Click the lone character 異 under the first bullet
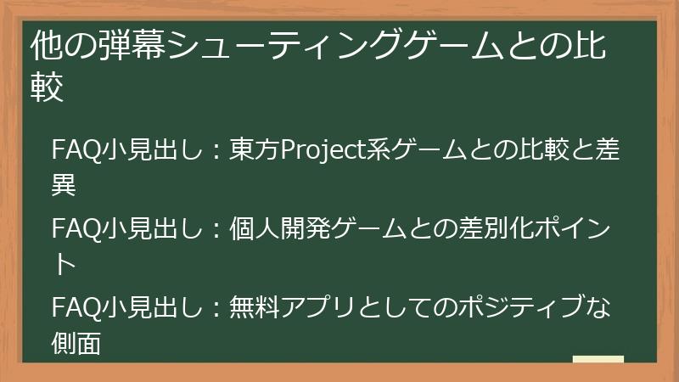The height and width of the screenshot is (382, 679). [65, 185]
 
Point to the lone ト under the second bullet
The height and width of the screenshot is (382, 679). [65, 264]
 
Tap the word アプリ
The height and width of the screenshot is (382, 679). [321, 306]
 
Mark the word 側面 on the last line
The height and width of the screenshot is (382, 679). [76, 342]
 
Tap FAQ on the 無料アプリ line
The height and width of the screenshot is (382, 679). [76, 306]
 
